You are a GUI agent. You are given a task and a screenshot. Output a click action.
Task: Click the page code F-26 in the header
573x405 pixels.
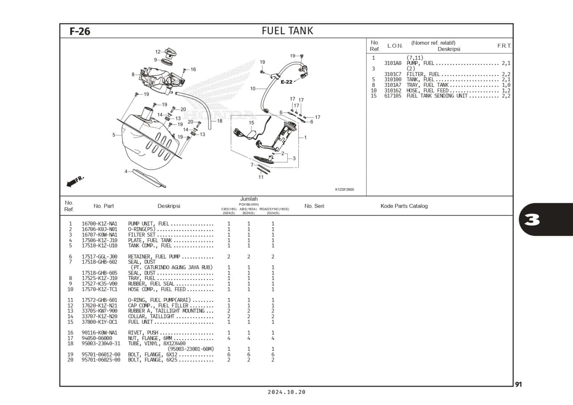pyautogui.click(x=80, y=31)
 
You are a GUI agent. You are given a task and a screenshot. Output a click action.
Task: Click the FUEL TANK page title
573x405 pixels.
pyautogui.click(x=287, y=31)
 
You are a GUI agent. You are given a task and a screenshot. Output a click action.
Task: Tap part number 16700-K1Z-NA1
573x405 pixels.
pyautogui.click(x=99, y=224)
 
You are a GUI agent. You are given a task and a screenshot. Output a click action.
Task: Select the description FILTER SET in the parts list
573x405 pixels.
pyautogui.click(x=142, y=235)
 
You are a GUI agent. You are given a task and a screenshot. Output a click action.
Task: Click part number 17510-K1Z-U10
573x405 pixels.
pyautogui.click(x=99, y=245)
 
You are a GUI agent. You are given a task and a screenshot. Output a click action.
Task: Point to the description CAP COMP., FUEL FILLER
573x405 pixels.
pyautogui.click(x=158, y=305)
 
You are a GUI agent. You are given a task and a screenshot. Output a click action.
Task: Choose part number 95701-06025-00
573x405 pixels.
pyautogui.click(x=101, y=360)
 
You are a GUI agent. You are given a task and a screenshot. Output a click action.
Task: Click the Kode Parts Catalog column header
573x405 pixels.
pyautogui.click(x=404, y=206)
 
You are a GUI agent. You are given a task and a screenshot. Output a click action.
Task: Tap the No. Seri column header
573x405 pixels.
pyautogui.click(x=314, y=206)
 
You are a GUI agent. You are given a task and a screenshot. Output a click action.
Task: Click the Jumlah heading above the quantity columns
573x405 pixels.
pyautogui.click(x=249, y=199)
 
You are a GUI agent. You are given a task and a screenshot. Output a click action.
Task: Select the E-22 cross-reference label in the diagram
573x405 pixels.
pyautogui.click(x=286, y=82)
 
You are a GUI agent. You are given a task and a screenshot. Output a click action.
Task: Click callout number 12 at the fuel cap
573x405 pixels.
pyautogui.click(x=158, y=52)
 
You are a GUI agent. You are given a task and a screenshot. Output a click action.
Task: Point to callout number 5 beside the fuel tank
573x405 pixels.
pyautogui.click(x=114, y=135)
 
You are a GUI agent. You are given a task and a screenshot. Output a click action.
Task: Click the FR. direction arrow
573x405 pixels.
pyautogui.click(x=75, y=181)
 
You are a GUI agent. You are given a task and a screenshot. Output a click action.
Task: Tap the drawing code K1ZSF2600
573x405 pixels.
pyautogui.click(x=344, y=189)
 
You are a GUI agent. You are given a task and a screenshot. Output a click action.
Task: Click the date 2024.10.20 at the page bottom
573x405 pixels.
pyautogui.click(x=286, y=392)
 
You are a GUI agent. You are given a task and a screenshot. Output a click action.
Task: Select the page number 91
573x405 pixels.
pyautogui.click(x=519, y=384)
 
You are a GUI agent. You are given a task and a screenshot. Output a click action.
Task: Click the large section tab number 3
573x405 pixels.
pyautogui.click(x=532, y=220)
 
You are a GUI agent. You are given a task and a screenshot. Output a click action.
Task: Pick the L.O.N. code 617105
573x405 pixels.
pyautogui.click(x=392, y=96)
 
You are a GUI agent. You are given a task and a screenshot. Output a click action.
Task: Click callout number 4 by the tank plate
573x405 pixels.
pyautogui.click(x=126, y=172)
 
